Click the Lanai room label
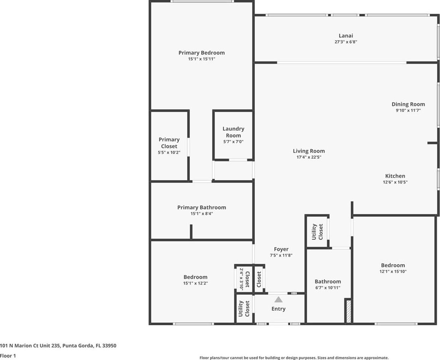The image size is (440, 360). click(x=346, y=36)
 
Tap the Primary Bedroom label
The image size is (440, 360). click(x=202, y=53)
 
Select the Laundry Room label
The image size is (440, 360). click(x=234, y=132)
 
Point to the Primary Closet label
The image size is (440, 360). click(x=169, y=143)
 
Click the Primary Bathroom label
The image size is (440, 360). click(x=202, y=207)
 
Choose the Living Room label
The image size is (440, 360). click(x=309, y=151)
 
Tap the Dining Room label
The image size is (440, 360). click(x=408, y=104)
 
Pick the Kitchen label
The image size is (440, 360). click(x=395, y=176)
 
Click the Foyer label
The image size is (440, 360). click(x=281, y=249)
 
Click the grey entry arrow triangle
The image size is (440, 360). click(x=278, y=300)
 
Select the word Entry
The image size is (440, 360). click(x=278, y=309)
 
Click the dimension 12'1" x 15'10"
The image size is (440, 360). click(x=393, y=272)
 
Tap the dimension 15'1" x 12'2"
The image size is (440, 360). click(x=195, y=283)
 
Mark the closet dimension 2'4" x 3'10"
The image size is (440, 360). click(x=241, y=279)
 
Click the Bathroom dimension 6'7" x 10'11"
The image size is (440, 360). click(x=328, y=288)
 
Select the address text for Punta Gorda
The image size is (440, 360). click(x=58, y=346)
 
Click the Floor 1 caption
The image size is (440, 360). click(x=8, y=356)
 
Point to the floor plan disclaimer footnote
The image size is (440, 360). click(x=294, y=358)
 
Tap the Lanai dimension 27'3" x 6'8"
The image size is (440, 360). click(x=346, y=42)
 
